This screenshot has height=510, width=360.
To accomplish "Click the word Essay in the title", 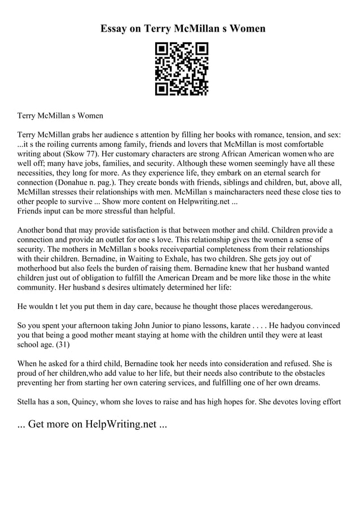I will point(114,28).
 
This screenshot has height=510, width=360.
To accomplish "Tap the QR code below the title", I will point(181,68).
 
